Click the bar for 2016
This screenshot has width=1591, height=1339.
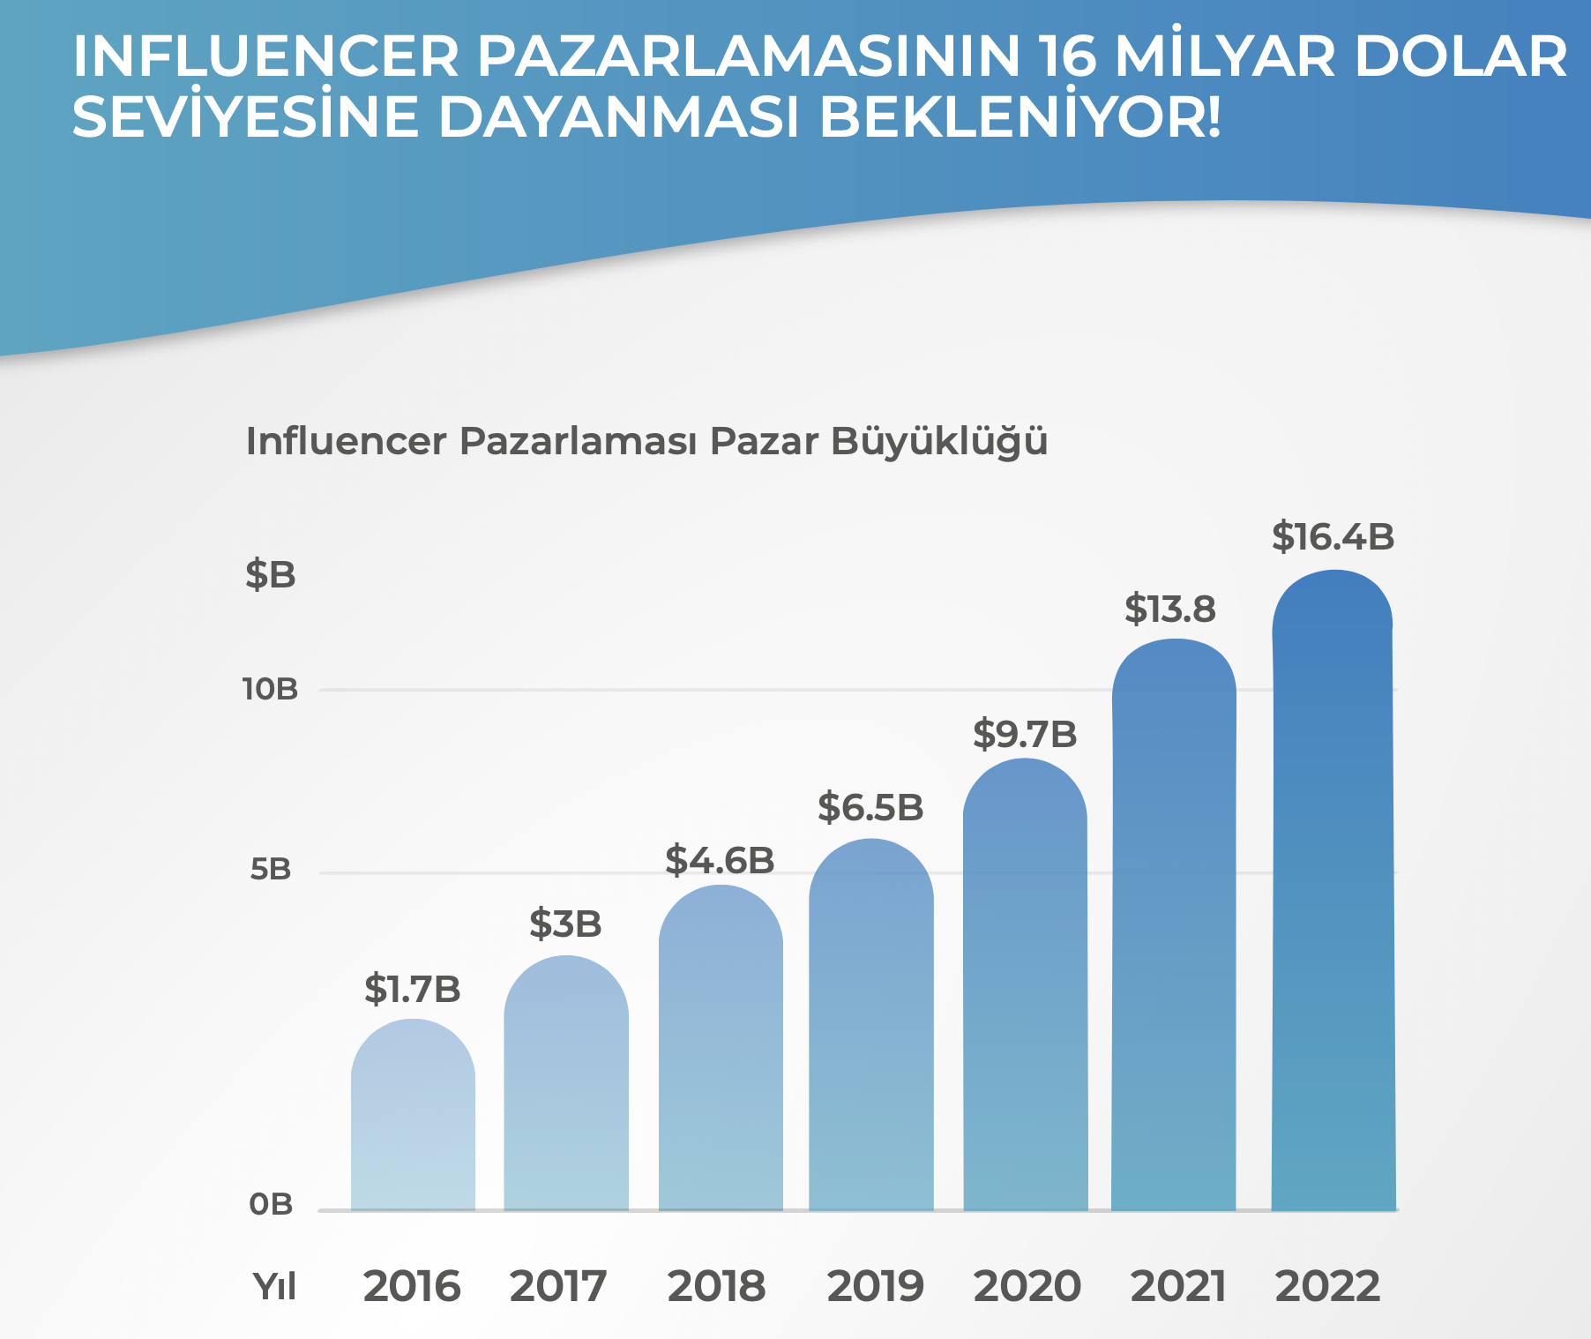pos(413,1116)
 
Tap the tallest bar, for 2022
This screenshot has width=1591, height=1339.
pos(1333,891)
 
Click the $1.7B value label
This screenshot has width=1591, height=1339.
pos(412,990)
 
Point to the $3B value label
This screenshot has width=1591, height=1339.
pos(565,924)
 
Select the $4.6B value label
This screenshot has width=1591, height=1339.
pos(720,860)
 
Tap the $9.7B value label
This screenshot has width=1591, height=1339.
pos(1025,734)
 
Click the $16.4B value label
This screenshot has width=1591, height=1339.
pos(1333,537)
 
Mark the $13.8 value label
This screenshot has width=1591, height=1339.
pos(1169,610)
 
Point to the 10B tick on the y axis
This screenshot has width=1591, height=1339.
pos(271,690)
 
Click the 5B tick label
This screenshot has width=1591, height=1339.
pos(271,871)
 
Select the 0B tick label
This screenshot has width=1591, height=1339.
pos(271,1204)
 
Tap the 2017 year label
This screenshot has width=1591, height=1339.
pos(558,1286)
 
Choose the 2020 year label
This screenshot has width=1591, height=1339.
pos(1027,1286)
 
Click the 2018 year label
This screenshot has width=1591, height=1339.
pos(716,1286)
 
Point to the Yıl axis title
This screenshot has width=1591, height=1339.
pos(274,1287)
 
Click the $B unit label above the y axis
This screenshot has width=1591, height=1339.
pos(271,575)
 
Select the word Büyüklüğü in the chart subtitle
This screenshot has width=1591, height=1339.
pos(939,442)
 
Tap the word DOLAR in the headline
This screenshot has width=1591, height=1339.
pos(1460,57)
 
